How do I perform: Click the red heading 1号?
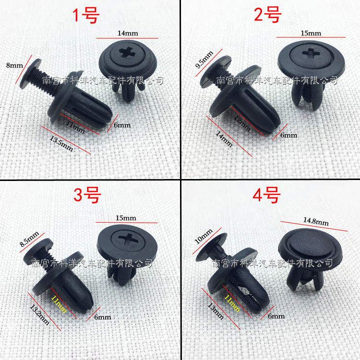click(86, 16)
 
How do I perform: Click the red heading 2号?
click(267, 14)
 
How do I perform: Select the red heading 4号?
click(266, 195)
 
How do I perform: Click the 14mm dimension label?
click(128, 33)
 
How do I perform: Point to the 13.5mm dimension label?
click(61, 144)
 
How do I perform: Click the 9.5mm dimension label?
click(204, 60)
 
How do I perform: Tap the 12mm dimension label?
click(242, 123)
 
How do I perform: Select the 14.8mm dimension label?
click(316, 221)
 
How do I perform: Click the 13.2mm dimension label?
click(39, 315)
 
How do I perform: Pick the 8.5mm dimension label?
click(29, 239)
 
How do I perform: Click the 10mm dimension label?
click(204, 236)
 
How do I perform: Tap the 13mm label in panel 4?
click(216, 311)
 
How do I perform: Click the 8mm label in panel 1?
click(14, 66)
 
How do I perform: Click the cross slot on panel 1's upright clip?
click(126, 53)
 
